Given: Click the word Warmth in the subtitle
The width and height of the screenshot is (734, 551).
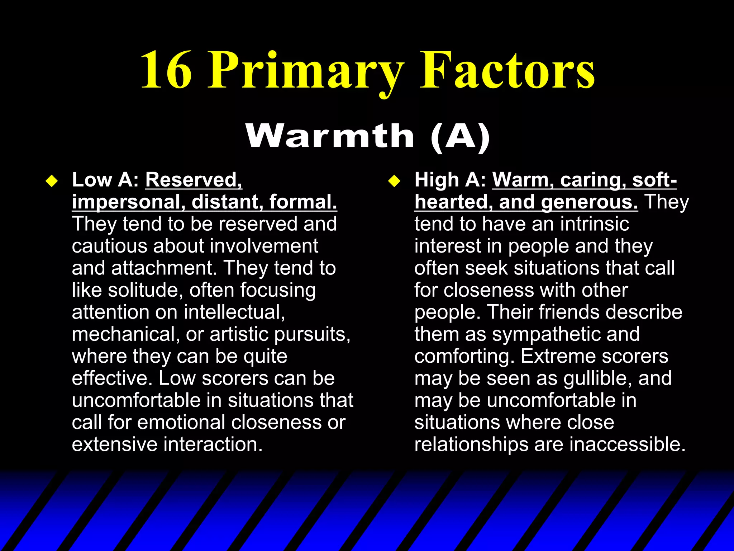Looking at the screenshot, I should point(330,136).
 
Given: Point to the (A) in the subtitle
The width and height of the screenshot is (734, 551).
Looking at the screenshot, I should point(460,136).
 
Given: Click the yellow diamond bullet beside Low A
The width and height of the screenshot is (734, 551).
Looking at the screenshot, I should point(52,181).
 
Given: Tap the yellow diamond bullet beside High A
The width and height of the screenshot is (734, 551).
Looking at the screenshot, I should point(394,181).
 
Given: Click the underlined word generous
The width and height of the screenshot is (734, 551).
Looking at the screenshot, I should point(589,202).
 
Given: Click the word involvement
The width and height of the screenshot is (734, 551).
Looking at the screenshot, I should point(264,246).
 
